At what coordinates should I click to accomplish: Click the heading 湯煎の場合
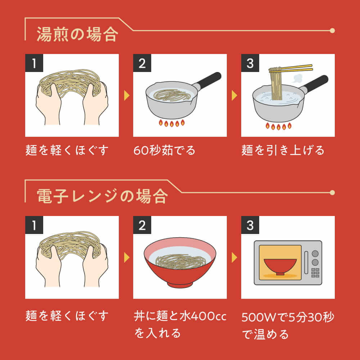(x=77, y=34)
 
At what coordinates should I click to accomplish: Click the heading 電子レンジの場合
(x=102, y=196)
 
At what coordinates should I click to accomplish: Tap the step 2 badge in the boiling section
(x=142, y=63)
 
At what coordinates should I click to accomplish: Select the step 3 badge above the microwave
(x=250, y=225)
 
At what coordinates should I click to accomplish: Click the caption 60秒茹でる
(x=164, y=150)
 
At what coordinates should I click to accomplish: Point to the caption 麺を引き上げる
(x=283, y=150)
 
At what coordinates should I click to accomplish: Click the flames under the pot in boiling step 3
(x=279, y=126)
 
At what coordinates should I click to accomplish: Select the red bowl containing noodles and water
(x=180, y=262)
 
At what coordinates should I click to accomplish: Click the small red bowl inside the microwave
(x=280, y=266)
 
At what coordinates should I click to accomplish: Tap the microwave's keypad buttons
(x=315, y=273)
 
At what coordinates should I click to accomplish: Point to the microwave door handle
(x=306, y=263)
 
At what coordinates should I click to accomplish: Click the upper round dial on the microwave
(x=315, y=253)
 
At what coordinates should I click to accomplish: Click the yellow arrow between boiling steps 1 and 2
(x=127, y=95)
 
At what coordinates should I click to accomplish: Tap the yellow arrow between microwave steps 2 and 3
(x=234, y=257)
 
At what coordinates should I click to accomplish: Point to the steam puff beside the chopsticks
(x=298, y=78)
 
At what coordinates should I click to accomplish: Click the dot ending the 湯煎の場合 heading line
(x=332, y=31)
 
